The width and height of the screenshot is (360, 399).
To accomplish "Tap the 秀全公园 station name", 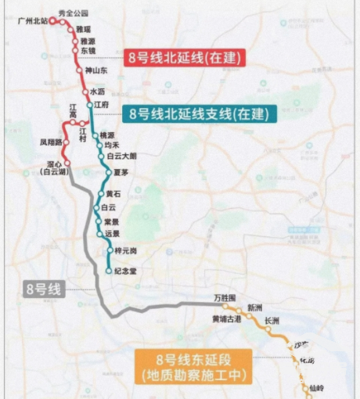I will (73, 13).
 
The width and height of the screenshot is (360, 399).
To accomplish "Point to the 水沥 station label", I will (98, 92).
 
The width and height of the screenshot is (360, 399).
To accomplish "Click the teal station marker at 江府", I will (90, 104).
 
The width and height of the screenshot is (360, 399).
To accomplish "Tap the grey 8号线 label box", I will (43, 289).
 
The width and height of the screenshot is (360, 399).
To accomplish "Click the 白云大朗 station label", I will (121, 156).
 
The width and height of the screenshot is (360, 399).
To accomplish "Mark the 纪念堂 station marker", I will (109, 271).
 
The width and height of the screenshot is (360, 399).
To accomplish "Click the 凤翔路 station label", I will (49, 143).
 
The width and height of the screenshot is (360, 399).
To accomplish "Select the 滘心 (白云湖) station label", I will (54, 167).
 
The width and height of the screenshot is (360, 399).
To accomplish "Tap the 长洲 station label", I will (272, 321).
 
